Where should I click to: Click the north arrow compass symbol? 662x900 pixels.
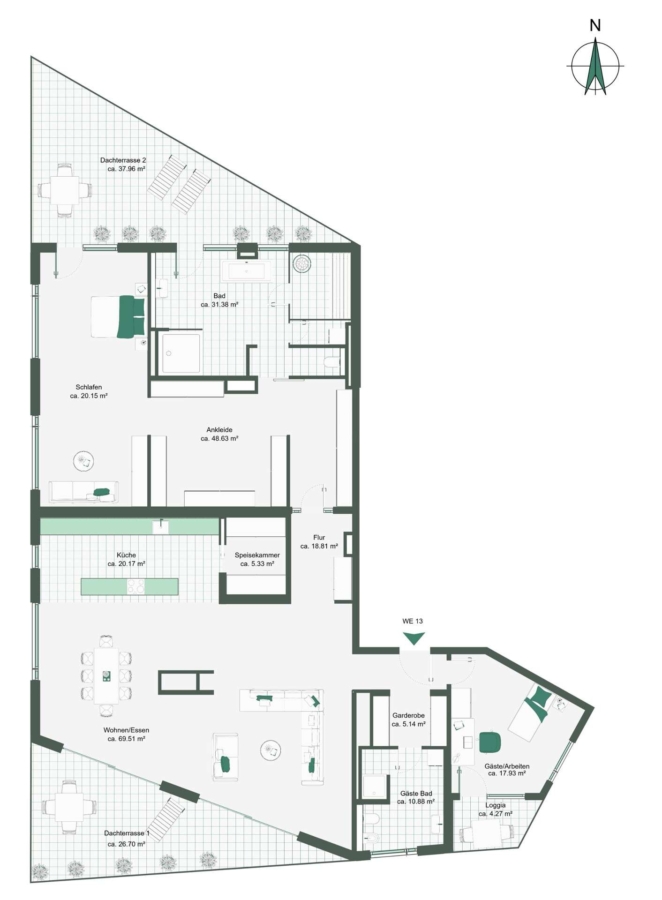(x=595, y=65)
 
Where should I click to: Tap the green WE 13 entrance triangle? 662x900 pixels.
(x=413, y=638)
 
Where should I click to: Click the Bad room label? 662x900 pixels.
(x=219, y=296)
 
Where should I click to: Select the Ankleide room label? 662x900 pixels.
(x=219, y=429)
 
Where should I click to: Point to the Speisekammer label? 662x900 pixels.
(x=257, y=555)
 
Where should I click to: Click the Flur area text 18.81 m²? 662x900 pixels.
(x=319, y=546)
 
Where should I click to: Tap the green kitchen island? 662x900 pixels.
(x=129, y=586)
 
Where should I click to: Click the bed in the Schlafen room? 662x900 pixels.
(x=118, y=316)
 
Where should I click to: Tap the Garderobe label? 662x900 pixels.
(x=408, y=716)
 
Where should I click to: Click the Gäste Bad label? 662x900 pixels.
(x=416, y=793)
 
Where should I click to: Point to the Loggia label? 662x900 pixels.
(x=495, y=805)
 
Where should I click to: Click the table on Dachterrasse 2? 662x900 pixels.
(x=65, y=189)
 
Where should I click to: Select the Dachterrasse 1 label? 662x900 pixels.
(x=127, y=833)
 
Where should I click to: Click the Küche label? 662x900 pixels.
(x=126, y=555)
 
